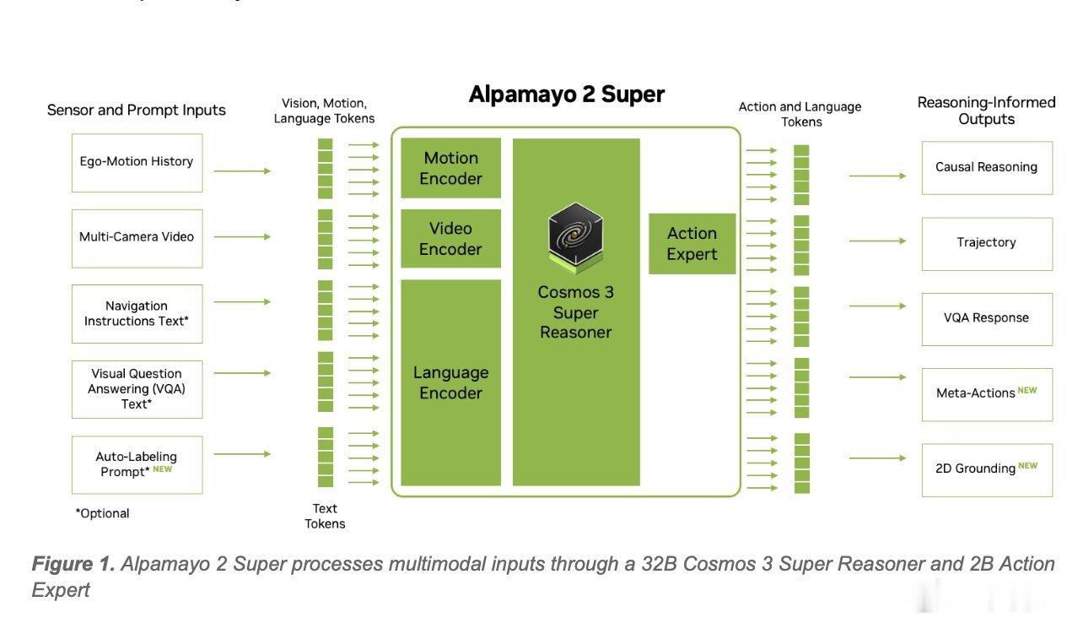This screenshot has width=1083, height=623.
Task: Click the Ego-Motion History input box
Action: pos(137,163)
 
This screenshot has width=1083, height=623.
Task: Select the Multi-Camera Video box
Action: pos(137,238)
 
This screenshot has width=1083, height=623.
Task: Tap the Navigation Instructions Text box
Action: pos(137,314)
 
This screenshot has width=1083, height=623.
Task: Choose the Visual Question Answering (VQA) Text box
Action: pos(137,389)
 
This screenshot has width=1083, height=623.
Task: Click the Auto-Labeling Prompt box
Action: pos(137,464)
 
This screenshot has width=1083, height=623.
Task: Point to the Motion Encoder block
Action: pos(450,168)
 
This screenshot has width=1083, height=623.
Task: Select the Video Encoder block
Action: pos(450,238)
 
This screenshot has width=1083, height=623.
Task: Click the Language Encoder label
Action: pos(450,382)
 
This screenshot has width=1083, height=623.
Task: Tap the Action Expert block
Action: pos(692,243)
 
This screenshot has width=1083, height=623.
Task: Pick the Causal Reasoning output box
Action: pos(987,168)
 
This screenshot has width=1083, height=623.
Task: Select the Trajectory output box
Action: pos(987,243)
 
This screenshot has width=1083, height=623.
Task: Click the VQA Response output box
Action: pos(987,319)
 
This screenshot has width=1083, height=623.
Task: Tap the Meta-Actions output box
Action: pos(987,394)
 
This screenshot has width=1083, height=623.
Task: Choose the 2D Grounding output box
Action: pos(987,470)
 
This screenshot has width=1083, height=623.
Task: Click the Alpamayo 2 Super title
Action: pos(567,94)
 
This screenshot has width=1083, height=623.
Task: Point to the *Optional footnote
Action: pos(102,513)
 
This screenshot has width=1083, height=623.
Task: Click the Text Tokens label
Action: pos(325,516)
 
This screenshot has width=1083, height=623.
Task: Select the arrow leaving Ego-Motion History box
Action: pos(242,171)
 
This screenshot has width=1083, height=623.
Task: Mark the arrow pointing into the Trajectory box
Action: pos(877,241)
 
